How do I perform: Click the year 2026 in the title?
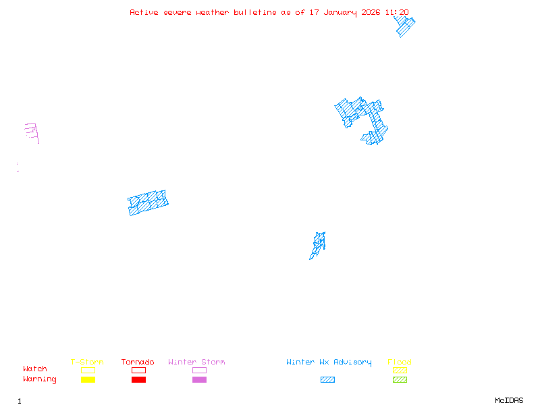click(x=371, y=12)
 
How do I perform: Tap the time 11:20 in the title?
click(x=397, y=12)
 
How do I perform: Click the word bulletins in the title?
click(x=255, y=12)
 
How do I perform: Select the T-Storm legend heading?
click(x=87, y=362)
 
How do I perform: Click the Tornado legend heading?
click(x=138, y=362)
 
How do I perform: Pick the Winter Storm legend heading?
click(x=196, y=362)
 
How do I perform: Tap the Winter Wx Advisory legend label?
click(x=329, y=362)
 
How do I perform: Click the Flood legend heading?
click(x=400, y=362)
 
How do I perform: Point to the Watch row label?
click(x=35, y=369)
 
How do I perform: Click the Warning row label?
click(x=40, y=379)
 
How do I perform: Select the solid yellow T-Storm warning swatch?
click(x=88, y=379)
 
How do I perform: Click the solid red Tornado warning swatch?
click(x=138, y=379)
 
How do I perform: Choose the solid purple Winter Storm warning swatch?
click(x=199, y=379)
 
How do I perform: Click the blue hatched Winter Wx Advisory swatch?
click(x=327, y=379)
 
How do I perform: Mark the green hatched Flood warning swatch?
click(x=400, y=379)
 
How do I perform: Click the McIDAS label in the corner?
click(x=509, y=400)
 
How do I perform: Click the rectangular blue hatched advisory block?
click(x=148, y=203)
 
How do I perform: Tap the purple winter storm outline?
click(x=32, y=133)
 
